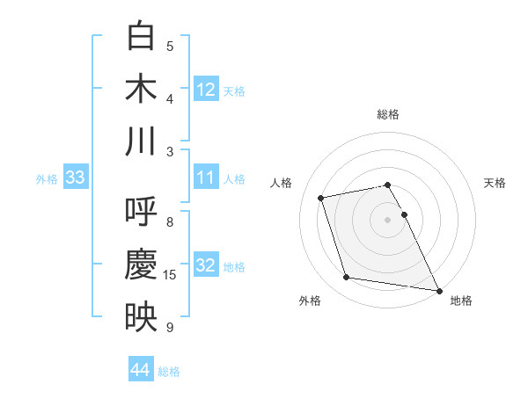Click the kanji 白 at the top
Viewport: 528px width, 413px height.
point(141,37)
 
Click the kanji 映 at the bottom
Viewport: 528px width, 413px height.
point(141,317)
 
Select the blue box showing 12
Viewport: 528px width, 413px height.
point(206,90)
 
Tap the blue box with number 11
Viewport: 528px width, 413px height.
point(206,178)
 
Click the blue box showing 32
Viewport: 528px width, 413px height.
point(206,266)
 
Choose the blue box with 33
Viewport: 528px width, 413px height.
point(75,178)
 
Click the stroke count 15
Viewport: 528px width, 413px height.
point(170,275)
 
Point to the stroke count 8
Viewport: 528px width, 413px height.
point(170,222)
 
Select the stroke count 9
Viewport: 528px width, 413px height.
point(170,328)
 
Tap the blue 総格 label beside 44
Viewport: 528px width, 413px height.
point(170,372)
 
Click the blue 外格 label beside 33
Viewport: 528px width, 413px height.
point(46,179)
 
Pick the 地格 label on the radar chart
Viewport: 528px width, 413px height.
point(461,301)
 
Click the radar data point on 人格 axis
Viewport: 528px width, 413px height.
point(321,197)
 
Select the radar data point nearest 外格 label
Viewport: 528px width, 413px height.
point(347,278)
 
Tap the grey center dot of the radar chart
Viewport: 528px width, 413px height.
point(387,220)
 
